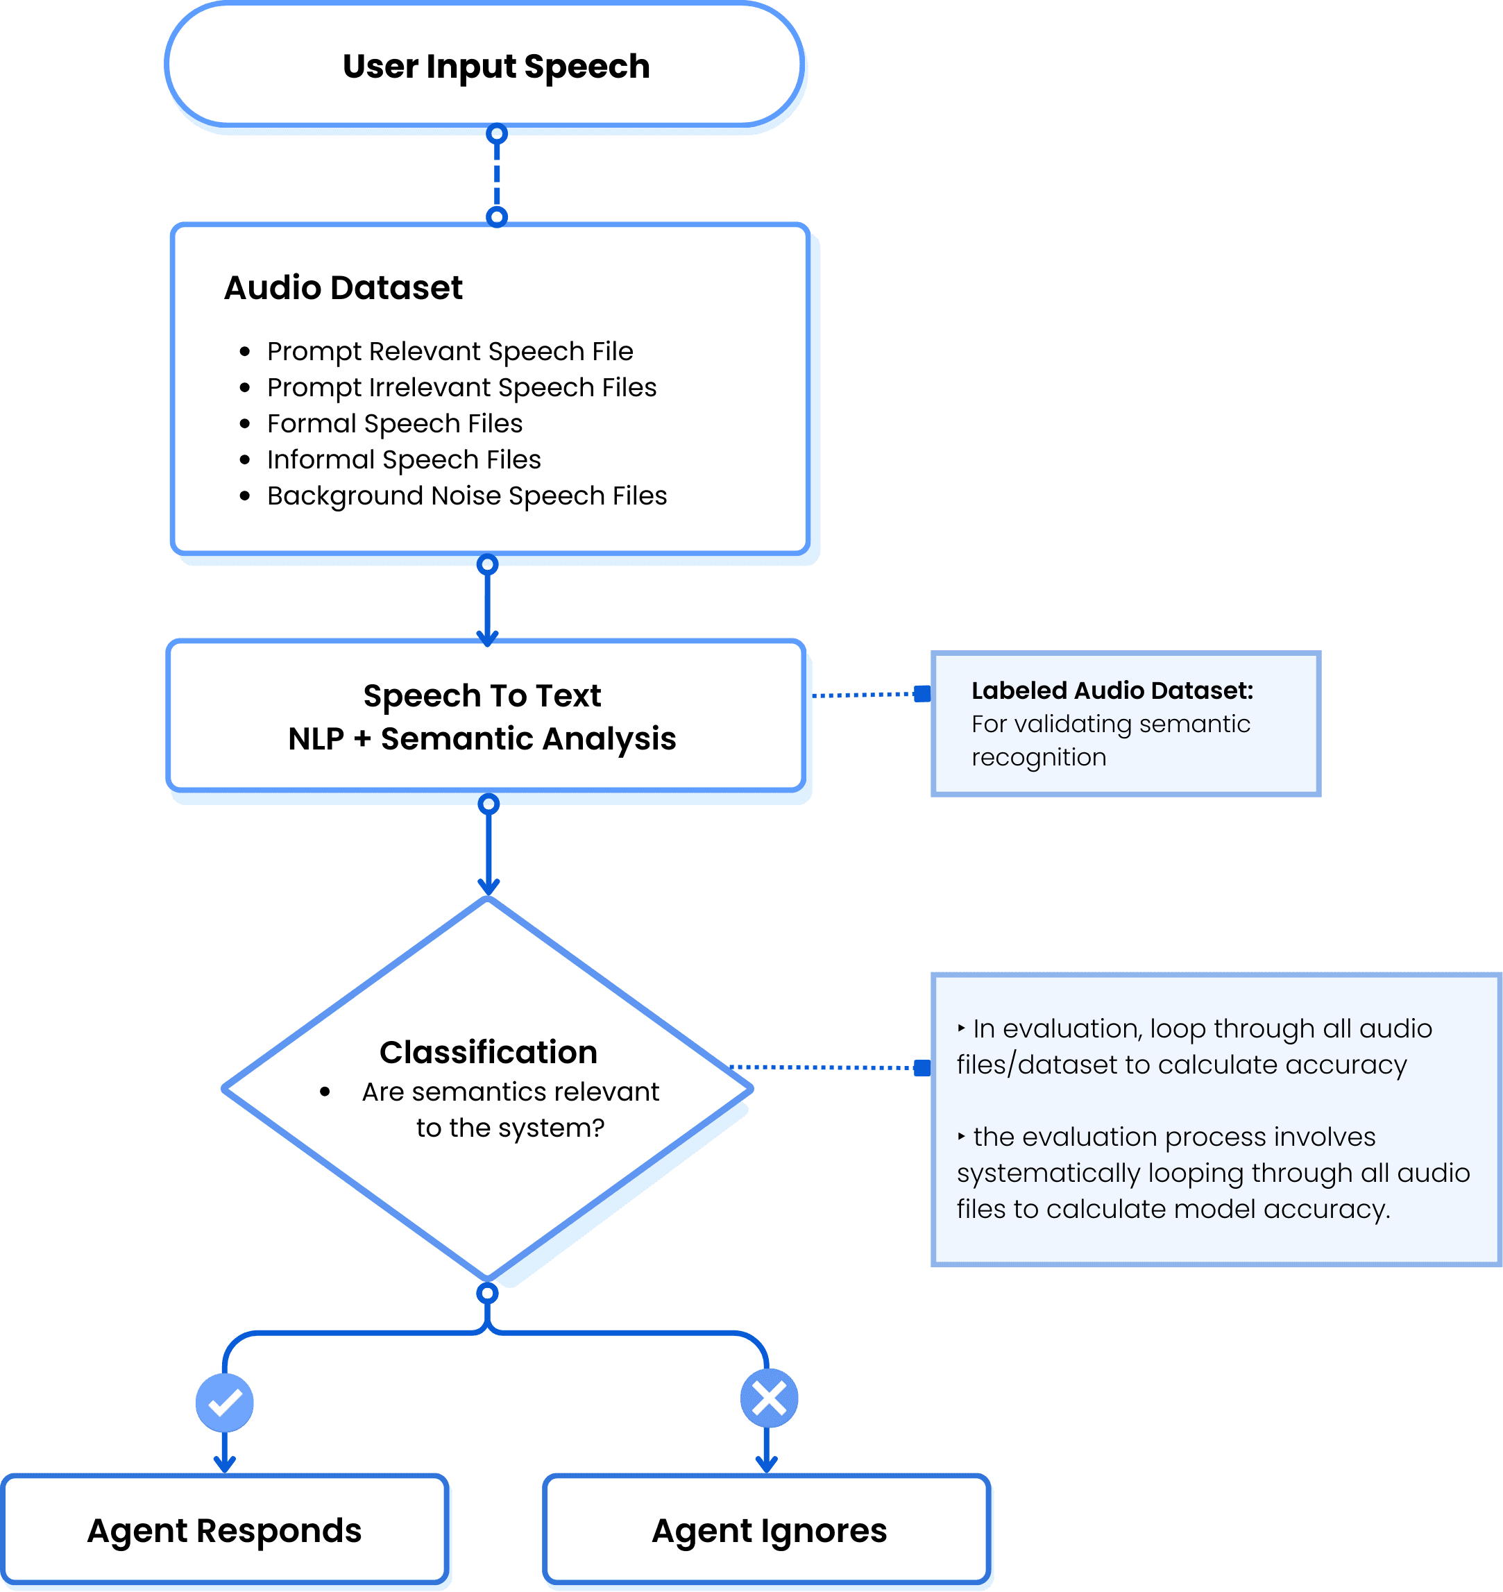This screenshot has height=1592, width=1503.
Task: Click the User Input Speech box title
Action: tap(496, 67)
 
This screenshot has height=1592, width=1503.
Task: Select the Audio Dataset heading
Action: tap(343, 287)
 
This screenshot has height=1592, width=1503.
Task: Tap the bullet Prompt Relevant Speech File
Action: tap(450, 351)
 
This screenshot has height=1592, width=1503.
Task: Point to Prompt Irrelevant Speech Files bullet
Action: tap(461, 387)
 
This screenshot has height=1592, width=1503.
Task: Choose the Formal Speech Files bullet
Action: tap(394, 423)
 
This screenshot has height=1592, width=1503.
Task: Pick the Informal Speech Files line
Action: tap(404, 459)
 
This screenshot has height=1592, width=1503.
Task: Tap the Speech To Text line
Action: tap(482, 695)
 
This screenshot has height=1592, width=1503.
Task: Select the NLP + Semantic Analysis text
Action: tap(482, 738)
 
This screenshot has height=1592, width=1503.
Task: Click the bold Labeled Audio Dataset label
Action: tap(1112, 691)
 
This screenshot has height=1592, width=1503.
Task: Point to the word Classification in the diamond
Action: tap(488, 1052)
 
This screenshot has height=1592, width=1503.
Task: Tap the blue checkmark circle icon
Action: tap(224, 1402)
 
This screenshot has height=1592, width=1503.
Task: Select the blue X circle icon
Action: tap(768, 1398)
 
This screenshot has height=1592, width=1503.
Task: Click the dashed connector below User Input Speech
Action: tap(497, 175)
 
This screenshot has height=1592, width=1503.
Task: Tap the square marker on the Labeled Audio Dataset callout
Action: tap(923, 694)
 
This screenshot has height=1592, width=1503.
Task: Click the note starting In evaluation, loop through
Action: tap(1194, 1047)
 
